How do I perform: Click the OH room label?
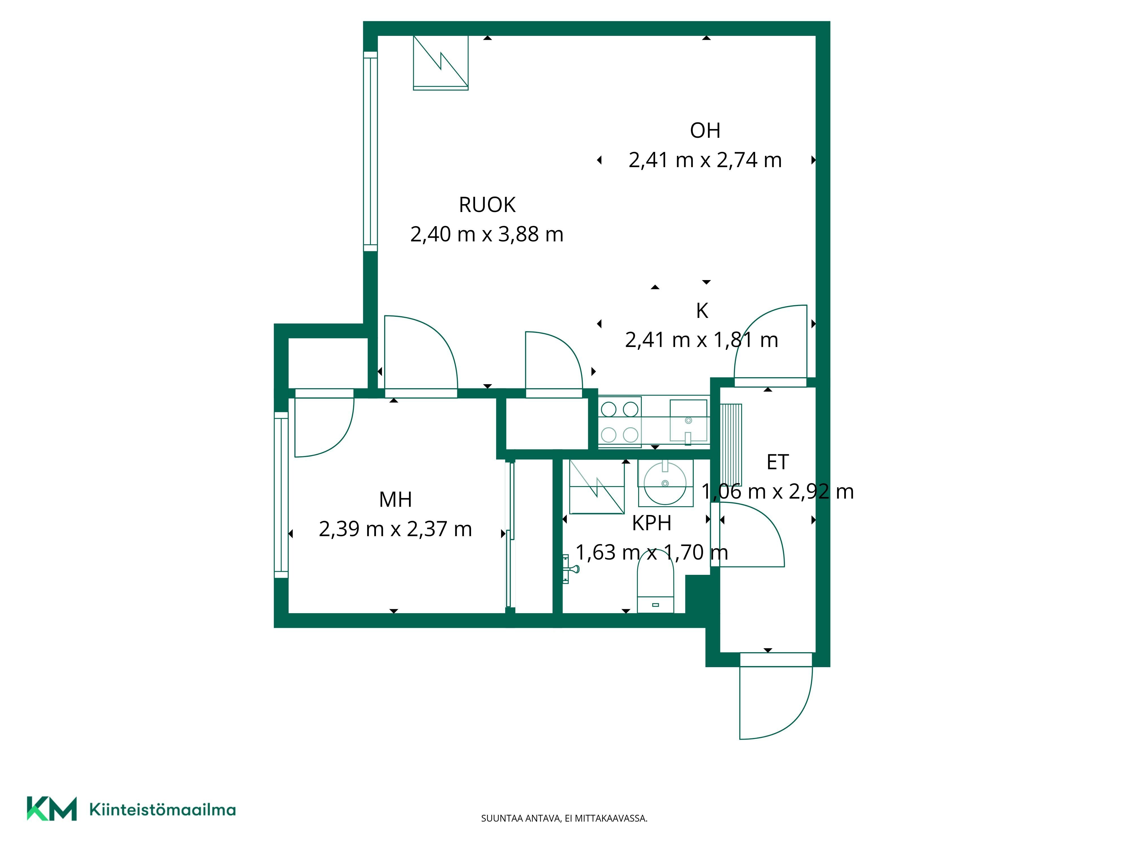(x=705, y=131)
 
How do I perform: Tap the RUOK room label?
(x=487, y=205)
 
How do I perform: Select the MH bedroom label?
(x=395, y=499)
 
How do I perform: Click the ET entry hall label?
(x=777, y=462)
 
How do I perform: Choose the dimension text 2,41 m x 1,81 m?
(x=702, y=340)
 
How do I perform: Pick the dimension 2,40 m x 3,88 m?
(x=487, y=234)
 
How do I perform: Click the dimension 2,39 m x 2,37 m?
(x=395, y=529)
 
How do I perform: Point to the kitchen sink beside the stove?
(x=688, y=421)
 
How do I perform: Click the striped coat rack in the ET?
(x=731, y=444)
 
